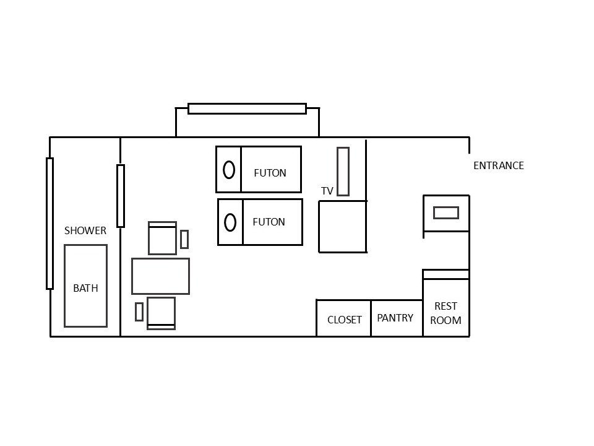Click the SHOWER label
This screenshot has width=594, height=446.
pyautogui.click(x=85, y=230)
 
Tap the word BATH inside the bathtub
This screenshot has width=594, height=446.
pyautogui.click(x=85, y=288)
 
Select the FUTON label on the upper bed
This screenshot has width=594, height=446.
pyautogui.click(x=270, y=173)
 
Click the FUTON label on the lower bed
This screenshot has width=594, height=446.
pyautogui.click(x=269, y=222)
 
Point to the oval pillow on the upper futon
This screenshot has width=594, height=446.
pyautogui.click(x=228, y=169)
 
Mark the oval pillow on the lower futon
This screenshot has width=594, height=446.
pyautogui.click(x=230, y=222)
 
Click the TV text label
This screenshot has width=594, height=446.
pyautogui.click(x=327, y=191)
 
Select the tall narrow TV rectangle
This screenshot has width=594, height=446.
pyautogui.click(x=343, y=172)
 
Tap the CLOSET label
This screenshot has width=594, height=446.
pyautogui.click(x=344, y=320)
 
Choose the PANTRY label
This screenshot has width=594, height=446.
pyautogui.click(x=395, y=318)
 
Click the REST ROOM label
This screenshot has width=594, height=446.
pyautogui.click(x=445, y=313)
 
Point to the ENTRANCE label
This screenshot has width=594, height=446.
pyautogui.click(x=498, y=165)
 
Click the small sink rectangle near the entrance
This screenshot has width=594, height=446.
pyautogui.click(x=445, y=212)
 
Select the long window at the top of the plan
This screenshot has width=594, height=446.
pyautogui.click(x=247, y=109)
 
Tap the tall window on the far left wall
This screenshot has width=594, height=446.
pyautogui.click(x=49, y=224)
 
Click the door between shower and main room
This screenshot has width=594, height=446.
pyautogui.click(x=121, y=196)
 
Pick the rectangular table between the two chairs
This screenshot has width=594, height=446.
pyautogui.click(x=160, y=276)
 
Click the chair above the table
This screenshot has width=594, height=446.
pyautogui.click(x=162, y=238)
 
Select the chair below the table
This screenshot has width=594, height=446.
pyautogui.click(x=161, y=313)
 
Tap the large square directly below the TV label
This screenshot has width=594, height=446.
pyautogui.click(x=343, y=227)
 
